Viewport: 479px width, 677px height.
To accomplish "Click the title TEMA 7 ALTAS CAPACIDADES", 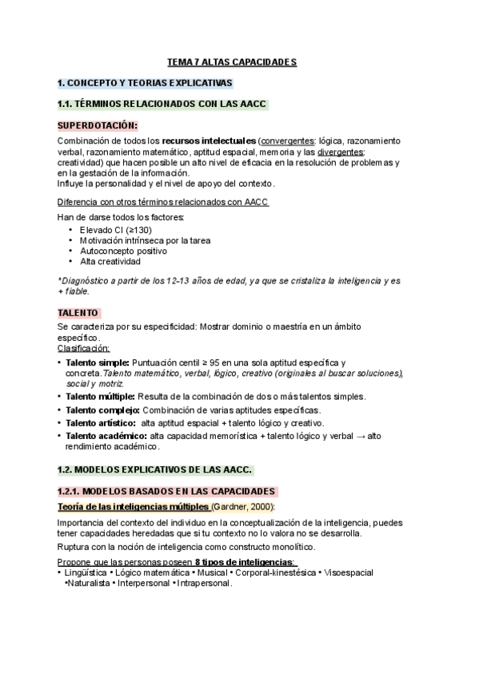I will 231,61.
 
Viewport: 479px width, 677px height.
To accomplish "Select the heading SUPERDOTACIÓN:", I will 97,125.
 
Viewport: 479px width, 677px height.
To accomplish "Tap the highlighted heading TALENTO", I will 78,313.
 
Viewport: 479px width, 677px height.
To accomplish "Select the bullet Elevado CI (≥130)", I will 115,230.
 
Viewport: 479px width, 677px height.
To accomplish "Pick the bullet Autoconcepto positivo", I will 123,251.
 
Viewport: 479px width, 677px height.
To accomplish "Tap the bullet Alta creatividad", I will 110,261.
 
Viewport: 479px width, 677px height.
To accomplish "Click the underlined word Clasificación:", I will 84,348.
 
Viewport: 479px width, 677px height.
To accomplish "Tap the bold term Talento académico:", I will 106,436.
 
